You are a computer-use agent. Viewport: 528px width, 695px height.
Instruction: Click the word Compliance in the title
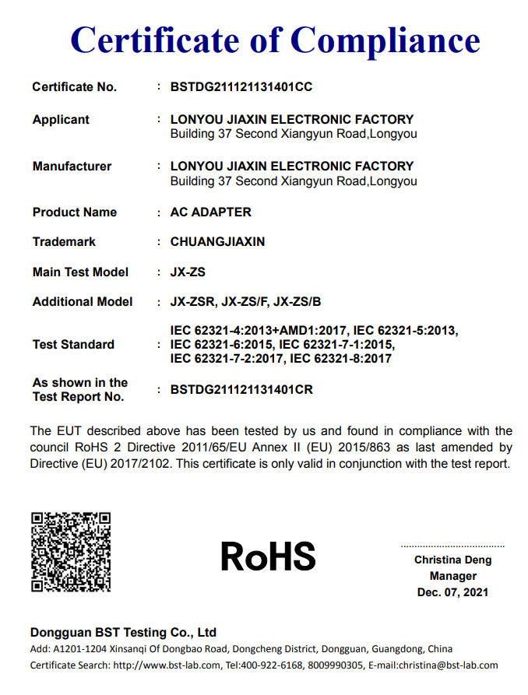[x=385, y=40]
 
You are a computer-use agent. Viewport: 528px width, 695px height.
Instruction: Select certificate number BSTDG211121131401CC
[x=241, y=87]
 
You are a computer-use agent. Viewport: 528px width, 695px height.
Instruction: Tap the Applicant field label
[x=61, y=120]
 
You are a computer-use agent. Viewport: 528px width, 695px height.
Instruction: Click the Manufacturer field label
[x=72, y=167]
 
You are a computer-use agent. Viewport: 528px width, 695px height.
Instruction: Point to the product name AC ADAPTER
[x=210, y=212]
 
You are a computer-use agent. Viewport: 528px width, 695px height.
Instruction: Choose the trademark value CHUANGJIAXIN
[x=217, y=242]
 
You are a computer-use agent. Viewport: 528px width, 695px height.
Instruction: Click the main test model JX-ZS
[x=188, y=272]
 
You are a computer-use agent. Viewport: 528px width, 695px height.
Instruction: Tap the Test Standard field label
[x=73, y=345]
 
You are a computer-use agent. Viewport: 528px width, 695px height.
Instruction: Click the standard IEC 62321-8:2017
[x=340, y=359]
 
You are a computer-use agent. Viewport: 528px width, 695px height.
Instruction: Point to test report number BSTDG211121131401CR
[x=241, y=390]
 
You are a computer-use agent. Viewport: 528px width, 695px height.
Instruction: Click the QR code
[x=70, y=551]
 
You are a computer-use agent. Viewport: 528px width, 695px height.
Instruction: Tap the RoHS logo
[x=268, y=556]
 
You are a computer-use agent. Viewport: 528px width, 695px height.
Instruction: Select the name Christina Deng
[x=452, y=560]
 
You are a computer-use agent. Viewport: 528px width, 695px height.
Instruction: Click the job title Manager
[x=452, y=577]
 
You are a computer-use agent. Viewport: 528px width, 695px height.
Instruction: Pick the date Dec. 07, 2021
[x=452, y=593]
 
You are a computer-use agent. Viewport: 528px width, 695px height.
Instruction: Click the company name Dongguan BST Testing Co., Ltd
[x=123, y=633]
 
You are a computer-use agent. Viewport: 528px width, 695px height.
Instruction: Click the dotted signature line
[x=452, y=546]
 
